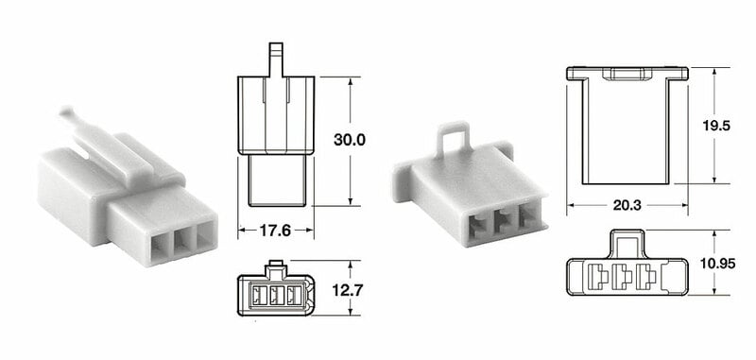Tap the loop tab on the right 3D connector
pyautogui.click(x=455, y=138)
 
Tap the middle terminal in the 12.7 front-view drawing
pyautogui.click(x=277, y=297)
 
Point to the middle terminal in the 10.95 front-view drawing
pyautogui.click(x=624, y=278)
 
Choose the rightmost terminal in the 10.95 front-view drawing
pyautogui.click(x=646, y=278)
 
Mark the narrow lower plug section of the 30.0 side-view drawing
pyautogui.click(x=276, y=180)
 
